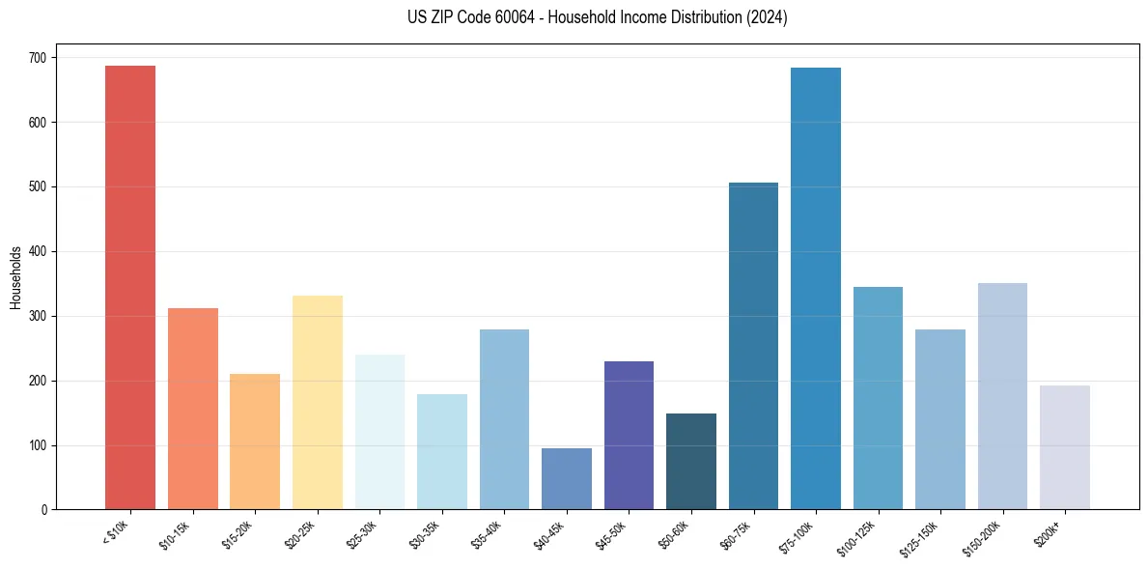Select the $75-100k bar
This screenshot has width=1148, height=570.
point(816,289)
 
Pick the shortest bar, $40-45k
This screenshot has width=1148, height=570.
point(567,479)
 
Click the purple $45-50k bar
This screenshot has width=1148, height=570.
point(629,436)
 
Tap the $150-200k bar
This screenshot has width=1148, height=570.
point(1002,396)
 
